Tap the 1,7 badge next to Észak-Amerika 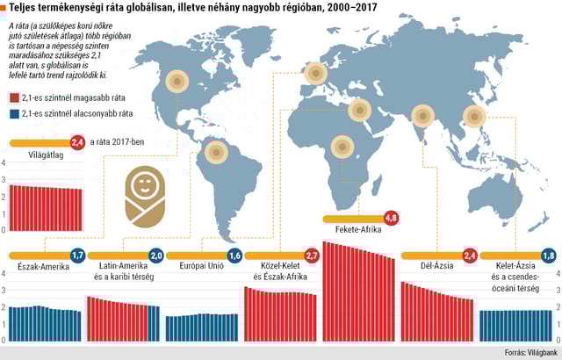[77, 256]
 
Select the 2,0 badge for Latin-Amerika [156, 256]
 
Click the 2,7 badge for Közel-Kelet [312, 256]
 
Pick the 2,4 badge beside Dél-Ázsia [469, 256]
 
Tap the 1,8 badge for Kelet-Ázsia [548, 256]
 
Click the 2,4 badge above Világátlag [77, 141]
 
